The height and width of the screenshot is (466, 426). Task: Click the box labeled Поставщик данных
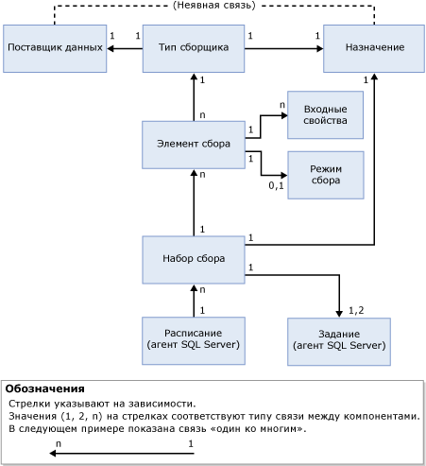click(x=53, y=48)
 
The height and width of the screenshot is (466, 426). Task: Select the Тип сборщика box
click(x=194, y=48)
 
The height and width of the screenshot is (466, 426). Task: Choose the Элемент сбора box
click(x=194, y=146)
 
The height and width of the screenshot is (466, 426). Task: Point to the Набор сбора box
click(x=194, y=259)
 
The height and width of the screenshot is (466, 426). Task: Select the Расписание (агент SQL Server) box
click(x=194, y=340)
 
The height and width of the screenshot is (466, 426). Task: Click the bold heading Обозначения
click(x=45, y=388)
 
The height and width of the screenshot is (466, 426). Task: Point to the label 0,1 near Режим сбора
click(x=276, y=186)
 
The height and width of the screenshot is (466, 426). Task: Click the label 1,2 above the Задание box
click(x=356, y=309)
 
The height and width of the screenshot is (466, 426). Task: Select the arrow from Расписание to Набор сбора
click(x=194, y=300)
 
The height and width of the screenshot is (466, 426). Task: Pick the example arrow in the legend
click(x=123, y=453)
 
